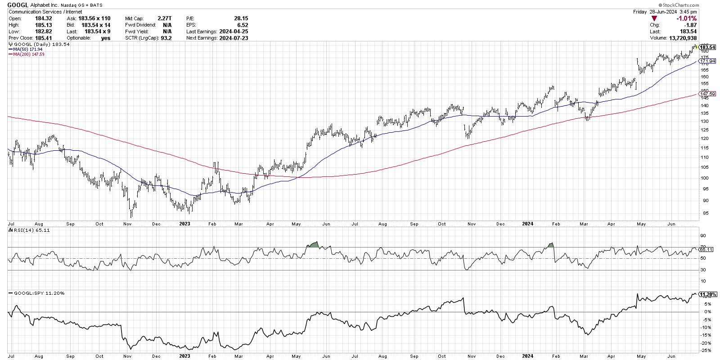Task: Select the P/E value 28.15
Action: click(x=241, y=18)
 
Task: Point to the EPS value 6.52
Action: click(x=243, y=25)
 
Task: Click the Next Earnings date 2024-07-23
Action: click(x=234, y=38)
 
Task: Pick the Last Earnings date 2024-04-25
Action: click(x=234, y=31)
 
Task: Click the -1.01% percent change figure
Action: click(x=687, y=18)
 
